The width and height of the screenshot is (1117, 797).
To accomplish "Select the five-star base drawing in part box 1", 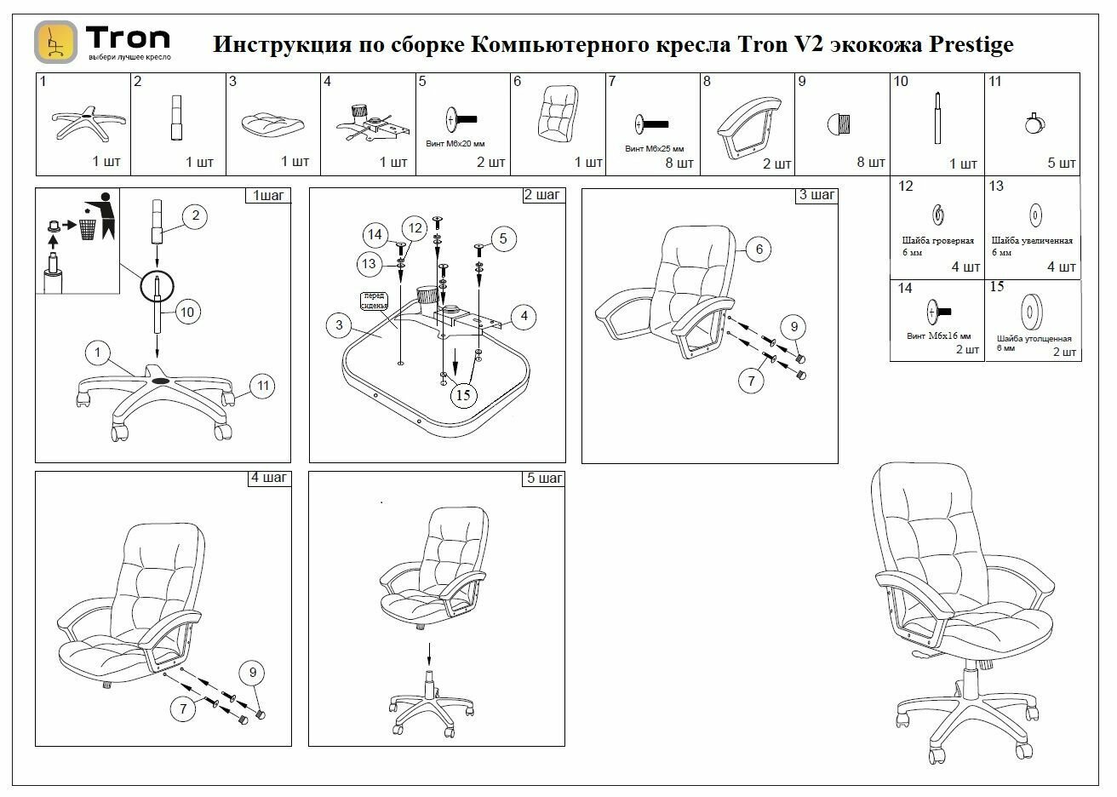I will point(83,123).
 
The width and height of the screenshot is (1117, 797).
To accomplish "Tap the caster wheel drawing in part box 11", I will point(1035,124).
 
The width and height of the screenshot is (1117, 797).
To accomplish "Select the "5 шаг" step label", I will point(544,479).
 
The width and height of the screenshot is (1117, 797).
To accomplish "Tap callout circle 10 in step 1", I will point(187,312).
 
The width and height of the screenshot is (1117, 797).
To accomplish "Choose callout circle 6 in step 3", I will point(759,249).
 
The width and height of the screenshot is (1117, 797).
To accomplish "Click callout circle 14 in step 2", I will point(375,234).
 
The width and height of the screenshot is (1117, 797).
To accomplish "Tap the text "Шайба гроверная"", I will point(937,242).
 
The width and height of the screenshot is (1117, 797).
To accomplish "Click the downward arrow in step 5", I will point(429,656).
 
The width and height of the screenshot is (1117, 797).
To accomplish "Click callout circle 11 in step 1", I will point(263,386).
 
